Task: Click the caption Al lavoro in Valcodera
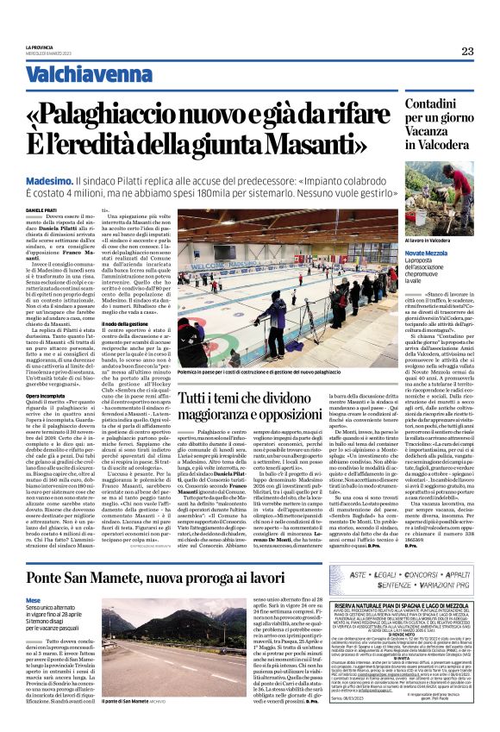(426, 241)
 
